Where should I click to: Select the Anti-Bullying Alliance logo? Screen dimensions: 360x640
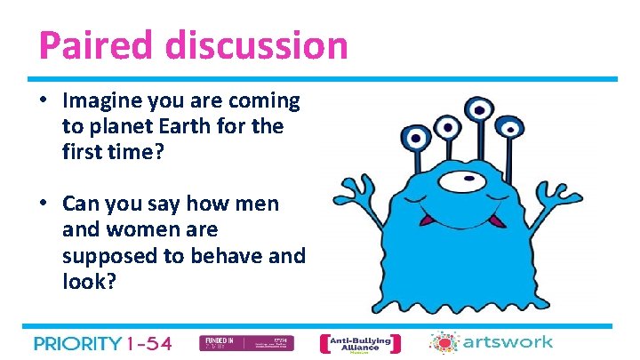359,343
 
